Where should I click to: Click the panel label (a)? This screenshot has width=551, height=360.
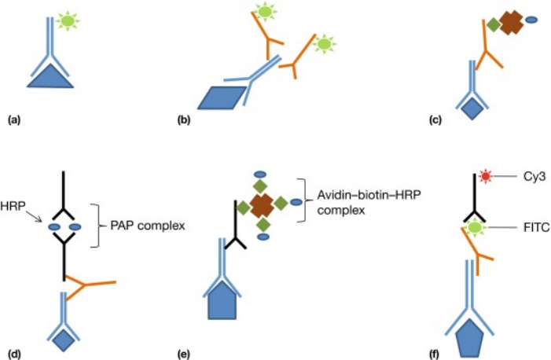coord(12,120)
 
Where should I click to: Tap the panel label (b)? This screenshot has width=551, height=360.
coord(183,120)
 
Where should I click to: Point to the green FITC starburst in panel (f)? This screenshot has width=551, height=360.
coord(474,227)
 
